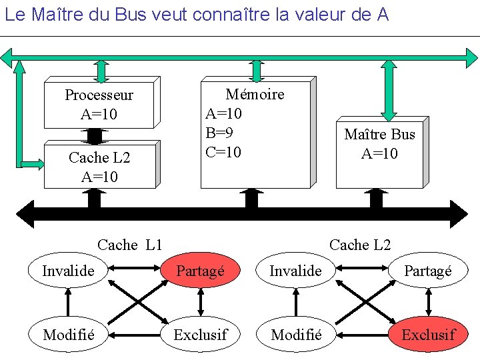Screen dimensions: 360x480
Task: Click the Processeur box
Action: [x=99, y=105]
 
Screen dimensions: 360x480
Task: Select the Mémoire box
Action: [x=255, y=133]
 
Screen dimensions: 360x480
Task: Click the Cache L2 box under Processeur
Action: [x=99, y=167]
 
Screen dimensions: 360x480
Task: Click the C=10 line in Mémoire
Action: [x=223, y=152]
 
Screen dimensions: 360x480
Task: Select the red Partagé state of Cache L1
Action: [x=200, y=271]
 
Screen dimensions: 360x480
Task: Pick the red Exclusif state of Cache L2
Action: [x=428, y=334]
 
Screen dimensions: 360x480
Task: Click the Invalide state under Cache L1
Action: [x=68, y=271]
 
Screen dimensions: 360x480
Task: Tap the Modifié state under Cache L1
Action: [x=68, y=334]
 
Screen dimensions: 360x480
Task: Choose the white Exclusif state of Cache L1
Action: [x=200, y=334]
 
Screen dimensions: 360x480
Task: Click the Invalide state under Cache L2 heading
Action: [x=295, y=271]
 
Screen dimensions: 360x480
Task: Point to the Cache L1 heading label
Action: [x=130, y=245]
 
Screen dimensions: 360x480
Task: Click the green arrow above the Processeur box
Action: [x=101, y=71]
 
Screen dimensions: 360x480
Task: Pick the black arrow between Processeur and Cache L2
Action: [x=95, y=136]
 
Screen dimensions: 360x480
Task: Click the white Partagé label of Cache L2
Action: [x=428, y=271]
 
